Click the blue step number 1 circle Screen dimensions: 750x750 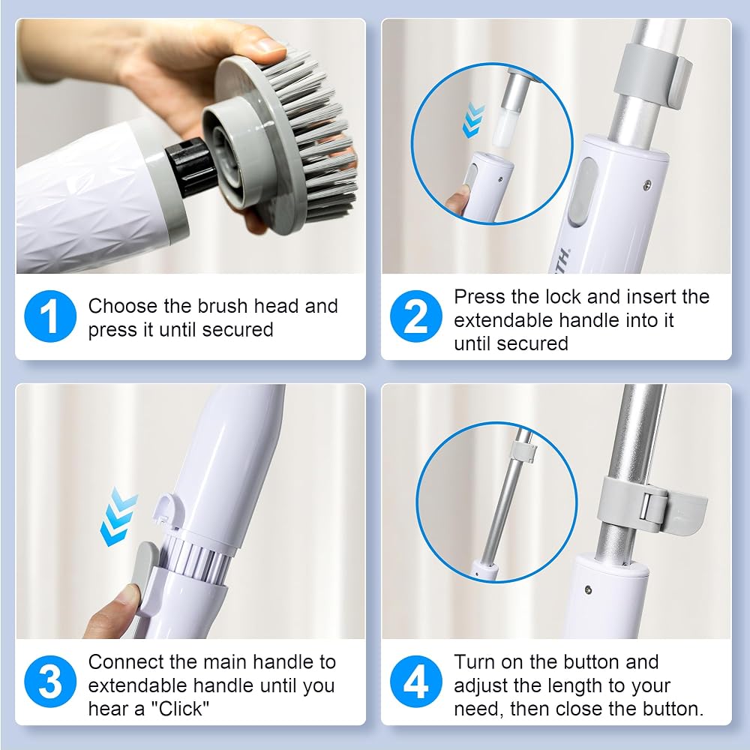coord(50,316)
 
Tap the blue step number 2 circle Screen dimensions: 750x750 coord(415,316)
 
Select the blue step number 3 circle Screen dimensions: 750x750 coord(50,682)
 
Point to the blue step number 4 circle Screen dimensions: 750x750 coord(415,682)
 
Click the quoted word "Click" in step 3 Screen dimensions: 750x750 coord(180,709)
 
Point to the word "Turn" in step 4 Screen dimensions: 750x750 coord(474,662)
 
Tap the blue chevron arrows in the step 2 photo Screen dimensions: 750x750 coord(473,119)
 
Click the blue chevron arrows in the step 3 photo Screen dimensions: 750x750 coord(118,517)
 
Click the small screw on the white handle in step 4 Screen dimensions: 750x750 coord(588,589)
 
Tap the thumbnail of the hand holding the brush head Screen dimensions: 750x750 coord(190,146)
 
